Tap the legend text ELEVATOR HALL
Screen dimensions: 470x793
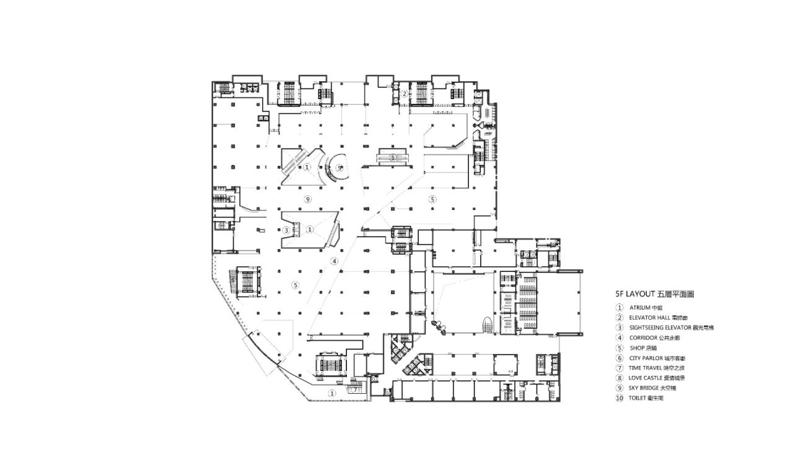click(x=651, y=317)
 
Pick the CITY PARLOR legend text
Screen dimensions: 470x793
click(x=647, y=358)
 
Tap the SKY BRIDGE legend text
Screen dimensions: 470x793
click(x=646, y=388)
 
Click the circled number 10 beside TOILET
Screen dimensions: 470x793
click(x=619, y=398)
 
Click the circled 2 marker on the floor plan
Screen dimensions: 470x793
click(x=404, y=94)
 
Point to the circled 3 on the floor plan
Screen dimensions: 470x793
click(x=286, y=230)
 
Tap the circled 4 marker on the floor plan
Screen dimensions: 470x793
click(x=335, y=261)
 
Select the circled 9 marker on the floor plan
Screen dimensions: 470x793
click(x=307, y=199)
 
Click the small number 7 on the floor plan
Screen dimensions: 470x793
click(x=233, y=280)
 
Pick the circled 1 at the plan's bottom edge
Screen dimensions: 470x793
click(x=331, y=393)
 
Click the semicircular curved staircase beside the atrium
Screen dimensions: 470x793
click(x=335, y=168)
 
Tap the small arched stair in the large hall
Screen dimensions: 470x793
click(x=488, y=325)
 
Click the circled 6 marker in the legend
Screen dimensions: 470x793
click(x=619, y=358)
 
